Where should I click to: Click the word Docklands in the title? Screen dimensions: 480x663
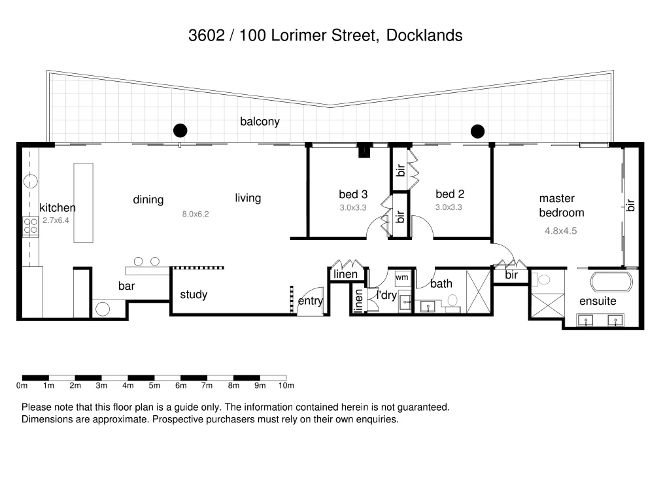424,35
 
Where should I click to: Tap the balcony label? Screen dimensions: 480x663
260,121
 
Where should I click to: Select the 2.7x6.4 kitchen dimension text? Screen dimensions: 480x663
56,221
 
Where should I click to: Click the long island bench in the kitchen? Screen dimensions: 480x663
83,203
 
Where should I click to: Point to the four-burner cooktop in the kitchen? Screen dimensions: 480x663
30,226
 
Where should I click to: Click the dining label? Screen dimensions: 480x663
148,199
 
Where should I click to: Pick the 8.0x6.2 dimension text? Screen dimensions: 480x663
195,214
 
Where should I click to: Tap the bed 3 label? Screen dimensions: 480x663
353,194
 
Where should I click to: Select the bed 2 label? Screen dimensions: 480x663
450,194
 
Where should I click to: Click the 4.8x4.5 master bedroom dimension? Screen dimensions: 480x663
560,230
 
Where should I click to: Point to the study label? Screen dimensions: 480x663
194,295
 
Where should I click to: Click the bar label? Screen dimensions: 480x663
126,286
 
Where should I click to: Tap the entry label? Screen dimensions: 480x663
311,301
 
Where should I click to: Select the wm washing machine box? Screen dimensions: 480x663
401,277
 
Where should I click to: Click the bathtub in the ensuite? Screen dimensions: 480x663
611,283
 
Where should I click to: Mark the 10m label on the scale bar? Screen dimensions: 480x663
286,386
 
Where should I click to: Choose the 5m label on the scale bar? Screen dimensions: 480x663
154,386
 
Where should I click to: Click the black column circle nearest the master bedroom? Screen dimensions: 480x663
478,131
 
